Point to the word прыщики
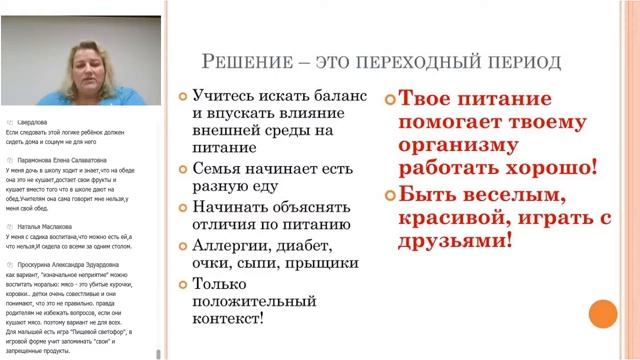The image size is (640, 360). (x=317, y=263)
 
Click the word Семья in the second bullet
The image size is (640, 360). (x=217, y=169)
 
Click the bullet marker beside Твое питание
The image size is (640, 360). (x=389, y=99)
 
